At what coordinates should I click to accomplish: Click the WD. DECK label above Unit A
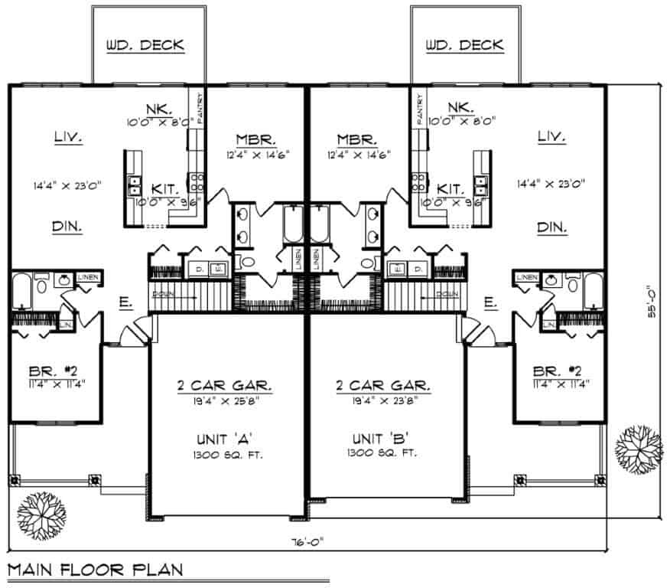point(145,45)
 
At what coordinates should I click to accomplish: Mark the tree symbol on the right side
point(639,448)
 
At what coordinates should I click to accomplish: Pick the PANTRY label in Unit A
point(200,108)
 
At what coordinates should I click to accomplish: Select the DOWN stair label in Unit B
point(447,294)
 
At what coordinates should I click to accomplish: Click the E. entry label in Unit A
point(123,303)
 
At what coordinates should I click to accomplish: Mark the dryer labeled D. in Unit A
point(200,269)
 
